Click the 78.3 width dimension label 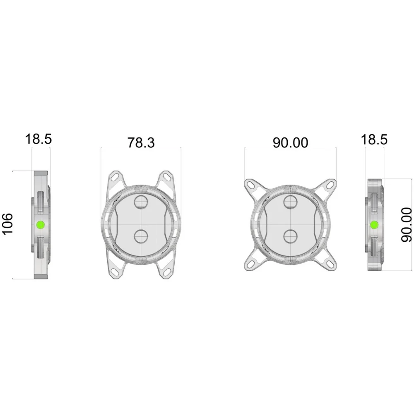click(141, 142)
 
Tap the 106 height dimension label click(7, 224)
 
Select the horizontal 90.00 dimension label click(290, 142)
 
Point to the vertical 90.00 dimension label click(407, 225)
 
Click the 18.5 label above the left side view click(39, 139)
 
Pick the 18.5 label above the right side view click(374, 140)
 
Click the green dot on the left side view click(41, 225)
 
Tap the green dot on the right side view click(374, 225)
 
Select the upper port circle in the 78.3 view click(142, 202)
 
